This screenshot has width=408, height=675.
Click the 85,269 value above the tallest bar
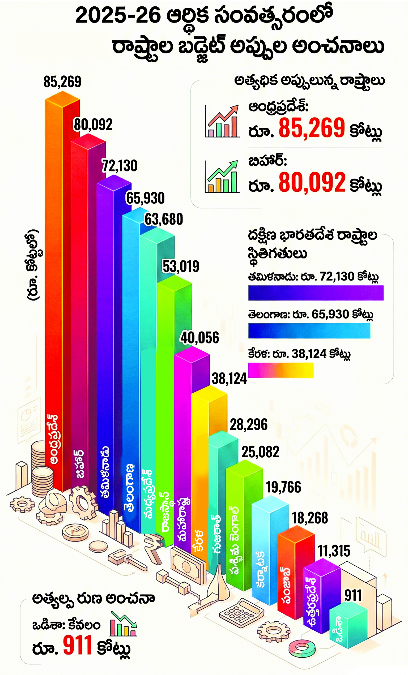pyautogui.click(x=62, y=82)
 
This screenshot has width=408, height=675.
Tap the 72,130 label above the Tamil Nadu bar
pyautogui.click(x=120, y=166)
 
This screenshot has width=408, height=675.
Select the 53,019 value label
pyautogui.click(x=181, y=266)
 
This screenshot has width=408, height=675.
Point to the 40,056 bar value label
pyautogui.click(x=199, y=338)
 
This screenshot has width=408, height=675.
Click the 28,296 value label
pyautogui.click(x=249, y=425)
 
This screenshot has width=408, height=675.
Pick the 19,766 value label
pyautogui.click(x=283, y=487)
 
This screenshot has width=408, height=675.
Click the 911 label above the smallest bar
pyautogui.click(x=353, y=595)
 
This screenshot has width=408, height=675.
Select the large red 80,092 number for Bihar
pyautogui.click(x=312, y=182)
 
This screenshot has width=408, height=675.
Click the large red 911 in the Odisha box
pyautogui.click(x=77, y=646)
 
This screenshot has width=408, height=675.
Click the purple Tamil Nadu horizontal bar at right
pyautogui.click(x=316, y=293)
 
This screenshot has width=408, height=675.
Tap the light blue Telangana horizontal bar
pyautogui.click(x=309, y=331)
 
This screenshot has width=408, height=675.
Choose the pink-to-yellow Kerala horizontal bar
pyautogui.click(x=281, y=370)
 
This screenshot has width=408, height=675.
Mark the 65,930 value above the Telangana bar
pyautogui.click(x=145, y=198)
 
